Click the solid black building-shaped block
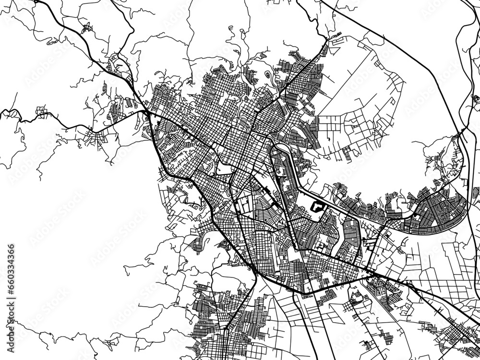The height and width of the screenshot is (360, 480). point(316,207)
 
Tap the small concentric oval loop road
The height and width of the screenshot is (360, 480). point(267,75)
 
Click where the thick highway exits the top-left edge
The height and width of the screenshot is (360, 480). point(36,1)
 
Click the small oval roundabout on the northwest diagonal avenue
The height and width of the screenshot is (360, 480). point(211,144)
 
